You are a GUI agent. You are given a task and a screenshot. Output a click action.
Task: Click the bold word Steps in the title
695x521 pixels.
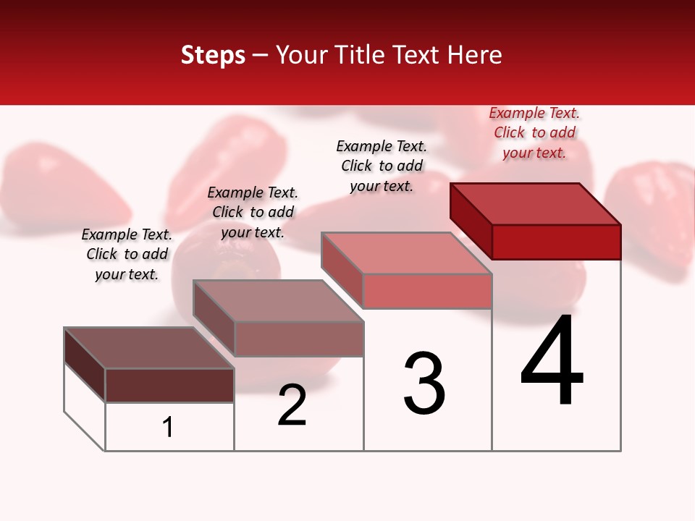pyautogui.click(x=213, y=55)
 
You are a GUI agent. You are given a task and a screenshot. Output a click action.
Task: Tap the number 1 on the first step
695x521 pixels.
pyautogui.click(x=168, y=428)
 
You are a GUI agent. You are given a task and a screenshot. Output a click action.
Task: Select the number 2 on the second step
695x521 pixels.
pyautogui.click(x=292, y=406)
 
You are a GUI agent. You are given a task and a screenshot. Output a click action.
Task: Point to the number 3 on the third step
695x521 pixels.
pyautogui.click(x=424, y=384)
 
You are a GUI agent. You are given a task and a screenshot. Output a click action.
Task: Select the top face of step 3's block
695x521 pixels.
pyautogui.click(x=406, y=253)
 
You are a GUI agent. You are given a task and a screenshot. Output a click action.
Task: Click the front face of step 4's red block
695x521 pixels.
pyautogui.click(x=556, y=242)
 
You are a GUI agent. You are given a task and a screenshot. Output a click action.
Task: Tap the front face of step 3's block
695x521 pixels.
pyautogui.click(x=427, y=291)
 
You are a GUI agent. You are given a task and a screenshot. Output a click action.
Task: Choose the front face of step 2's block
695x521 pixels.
pyautogui.click(x=299, y=339)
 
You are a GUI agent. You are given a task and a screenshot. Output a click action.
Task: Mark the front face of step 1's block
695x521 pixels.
pyautogui.click(x=169, y=385)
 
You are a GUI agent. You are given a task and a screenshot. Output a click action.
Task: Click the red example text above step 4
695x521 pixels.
pyautogui.click(x=534, y=133)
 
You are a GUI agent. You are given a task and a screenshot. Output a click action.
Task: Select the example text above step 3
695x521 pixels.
pyautogui.click(x=382, y=166)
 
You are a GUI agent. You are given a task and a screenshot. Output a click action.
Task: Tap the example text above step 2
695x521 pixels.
pyautogui.click(x=253, y=212)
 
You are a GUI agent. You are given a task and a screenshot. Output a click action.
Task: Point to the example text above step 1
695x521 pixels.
pyautogui.click(x=127, y=254)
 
